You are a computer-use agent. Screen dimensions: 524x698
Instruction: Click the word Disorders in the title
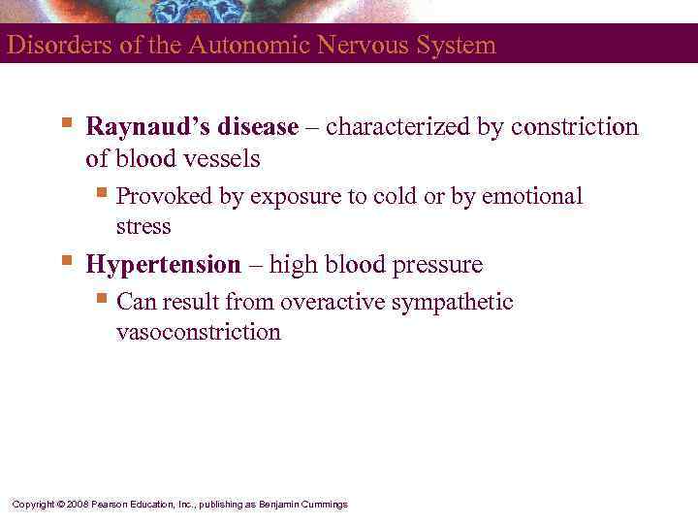[47, 45]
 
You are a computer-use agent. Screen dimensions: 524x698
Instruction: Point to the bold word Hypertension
[163, 264]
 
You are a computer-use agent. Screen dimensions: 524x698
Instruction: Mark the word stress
[143, 227]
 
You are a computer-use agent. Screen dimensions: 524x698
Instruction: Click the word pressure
[436, 264]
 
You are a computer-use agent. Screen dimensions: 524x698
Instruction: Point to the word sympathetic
[452, 302]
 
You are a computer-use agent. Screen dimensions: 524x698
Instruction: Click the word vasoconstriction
[199, 332]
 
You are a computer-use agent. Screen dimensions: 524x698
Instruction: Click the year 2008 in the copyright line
[79, 505]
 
